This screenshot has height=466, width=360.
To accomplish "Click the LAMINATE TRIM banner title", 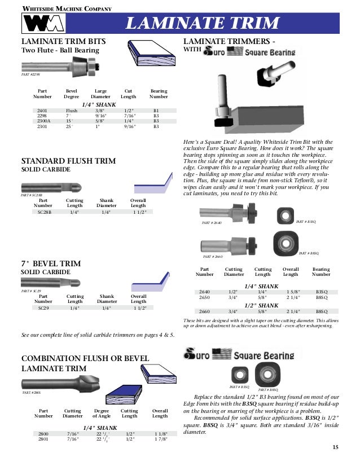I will tap(202, 23).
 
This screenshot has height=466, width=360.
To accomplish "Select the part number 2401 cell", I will tap(42, 111).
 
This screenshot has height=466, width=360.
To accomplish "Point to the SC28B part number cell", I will tap(44, 212).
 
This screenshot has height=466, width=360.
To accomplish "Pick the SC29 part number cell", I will tap(43, 308).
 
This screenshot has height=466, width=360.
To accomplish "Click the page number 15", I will tap(335, 447).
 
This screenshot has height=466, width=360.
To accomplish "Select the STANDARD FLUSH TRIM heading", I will tap(68, 161).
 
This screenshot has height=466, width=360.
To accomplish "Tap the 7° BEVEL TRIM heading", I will tap(51, 263).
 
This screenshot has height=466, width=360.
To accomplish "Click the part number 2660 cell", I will tap(204, 311).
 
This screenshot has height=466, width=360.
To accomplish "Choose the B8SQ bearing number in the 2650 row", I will tap(322, 297).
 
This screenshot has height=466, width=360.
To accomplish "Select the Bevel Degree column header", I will tap(72, 94).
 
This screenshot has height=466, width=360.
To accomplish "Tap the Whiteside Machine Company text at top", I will tap(66, 8).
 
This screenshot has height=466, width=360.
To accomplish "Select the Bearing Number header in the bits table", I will tap(159, 94).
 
